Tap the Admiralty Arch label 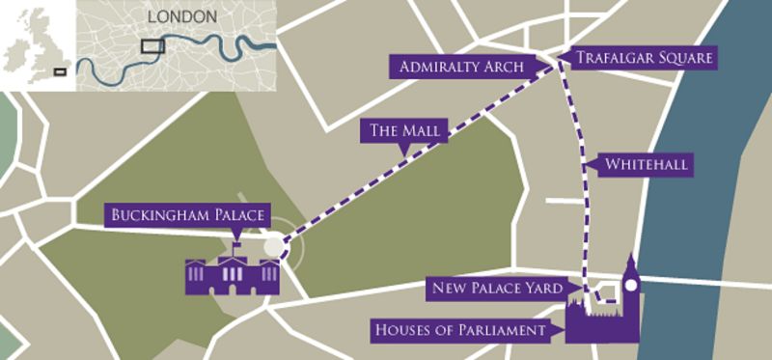pyautogui.click(x=457, y=67)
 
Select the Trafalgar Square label pyautogui.click(x=644, y=58)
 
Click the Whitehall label pyautogui.click(x=646, y=165)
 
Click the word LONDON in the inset pyautogui.click(x=183, y=17)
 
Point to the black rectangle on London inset pyautogui.click(x=152, y=45)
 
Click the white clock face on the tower pyautogui.click(x=630, y=287)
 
